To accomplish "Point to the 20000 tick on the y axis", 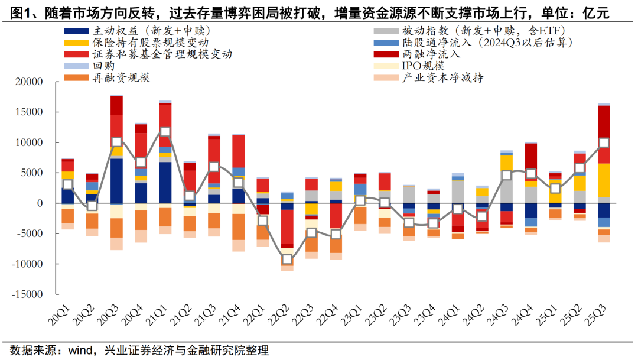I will (x=29, y=82).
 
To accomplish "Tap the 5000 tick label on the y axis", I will (x=32, y=173).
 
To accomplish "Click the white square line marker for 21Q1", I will (x=165, y=131).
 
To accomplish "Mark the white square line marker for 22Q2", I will (x=287, y=259).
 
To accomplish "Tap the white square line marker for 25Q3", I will (x=604, y=142).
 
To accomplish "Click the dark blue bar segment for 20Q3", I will (x=117, y=180).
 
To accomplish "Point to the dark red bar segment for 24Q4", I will (x=531, y=157).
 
